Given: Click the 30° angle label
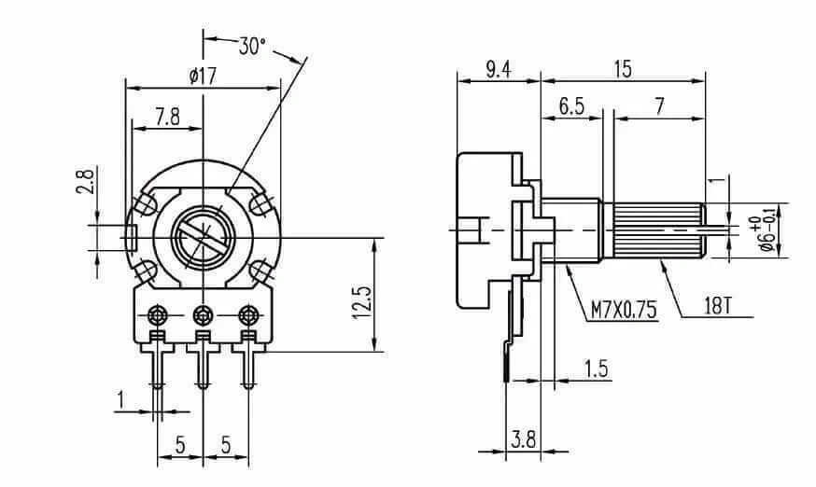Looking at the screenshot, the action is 252,47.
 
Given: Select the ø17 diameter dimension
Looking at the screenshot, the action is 203,77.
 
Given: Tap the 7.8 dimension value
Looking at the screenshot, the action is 167,117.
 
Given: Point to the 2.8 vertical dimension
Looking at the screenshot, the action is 86,180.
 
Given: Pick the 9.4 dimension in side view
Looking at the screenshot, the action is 499,69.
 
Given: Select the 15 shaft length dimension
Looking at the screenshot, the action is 623,69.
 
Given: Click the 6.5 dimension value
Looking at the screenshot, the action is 571,106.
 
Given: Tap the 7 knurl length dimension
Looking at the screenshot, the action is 660,106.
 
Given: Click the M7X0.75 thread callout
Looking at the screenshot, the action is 624,310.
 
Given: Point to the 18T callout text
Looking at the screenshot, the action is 718,306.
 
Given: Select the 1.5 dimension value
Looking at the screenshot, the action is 596,369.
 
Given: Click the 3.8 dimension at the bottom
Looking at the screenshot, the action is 523,439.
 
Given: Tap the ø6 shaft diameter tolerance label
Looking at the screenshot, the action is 767,229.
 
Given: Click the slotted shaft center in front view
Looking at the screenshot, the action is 203,237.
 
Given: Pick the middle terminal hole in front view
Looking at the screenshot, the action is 203,314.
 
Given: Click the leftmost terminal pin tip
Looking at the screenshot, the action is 158,386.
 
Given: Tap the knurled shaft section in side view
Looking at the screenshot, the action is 660,230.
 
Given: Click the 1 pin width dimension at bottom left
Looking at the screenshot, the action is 120,400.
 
